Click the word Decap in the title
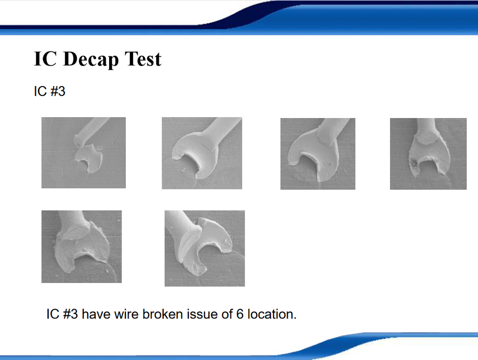tap(90, 59)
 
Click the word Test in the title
tap(143, 59)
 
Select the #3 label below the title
tap(57, 91)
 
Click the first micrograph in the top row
tap(84, 153)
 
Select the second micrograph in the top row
tap(202, 153)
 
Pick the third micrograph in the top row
tap(318, 154)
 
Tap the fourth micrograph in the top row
tap(428, 154)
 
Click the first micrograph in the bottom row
tap(81, 247)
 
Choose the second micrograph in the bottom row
tap(205, 248)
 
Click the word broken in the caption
tap(163, 314)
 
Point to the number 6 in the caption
tap(240, 314)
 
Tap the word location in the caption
tap(272, 314)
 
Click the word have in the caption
tap(96, 314)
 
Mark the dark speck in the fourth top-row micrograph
tap(414, 164)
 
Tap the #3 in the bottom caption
tap(70, 314)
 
